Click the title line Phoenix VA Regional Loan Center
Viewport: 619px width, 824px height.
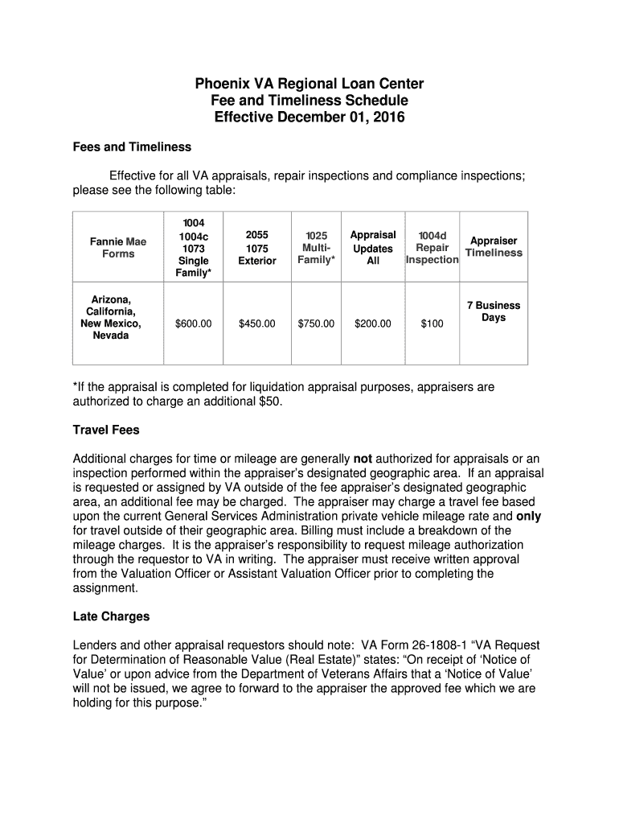pos(309,84)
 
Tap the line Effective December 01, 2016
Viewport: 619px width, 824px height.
pos(309,117)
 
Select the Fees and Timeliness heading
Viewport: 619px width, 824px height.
pos(132,147)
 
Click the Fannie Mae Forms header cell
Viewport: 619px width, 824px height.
pos(117,247)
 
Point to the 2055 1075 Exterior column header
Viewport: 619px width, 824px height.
pos(257,248)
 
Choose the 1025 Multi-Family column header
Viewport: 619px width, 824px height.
pos(317,248)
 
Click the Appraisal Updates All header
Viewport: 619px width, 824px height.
pos(373,248)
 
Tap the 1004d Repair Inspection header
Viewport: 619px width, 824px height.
pos(432,248)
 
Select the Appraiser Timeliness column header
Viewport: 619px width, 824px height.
pos(494,247)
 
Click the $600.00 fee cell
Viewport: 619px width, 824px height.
pos(194,323)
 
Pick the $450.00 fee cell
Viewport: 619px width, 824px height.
pos(257,323)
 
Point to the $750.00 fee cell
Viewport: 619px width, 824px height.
pos(316,323)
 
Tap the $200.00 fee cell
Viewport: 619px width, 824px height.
pos(373,323)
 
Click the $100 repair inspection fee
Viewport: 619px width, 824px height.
pos(432,323)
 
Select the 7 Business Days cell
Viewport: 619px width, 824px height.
pos(494,311)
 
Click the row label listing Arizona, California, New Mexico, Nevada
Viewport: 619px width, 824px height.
pos(111,317)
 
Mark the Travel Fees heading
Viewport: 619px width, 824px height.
pos(106,430)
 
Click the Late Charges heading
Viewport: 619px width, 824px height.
pos(111,617)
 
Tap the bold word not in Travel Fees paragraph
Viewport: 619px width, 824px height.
pos(363,459)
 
